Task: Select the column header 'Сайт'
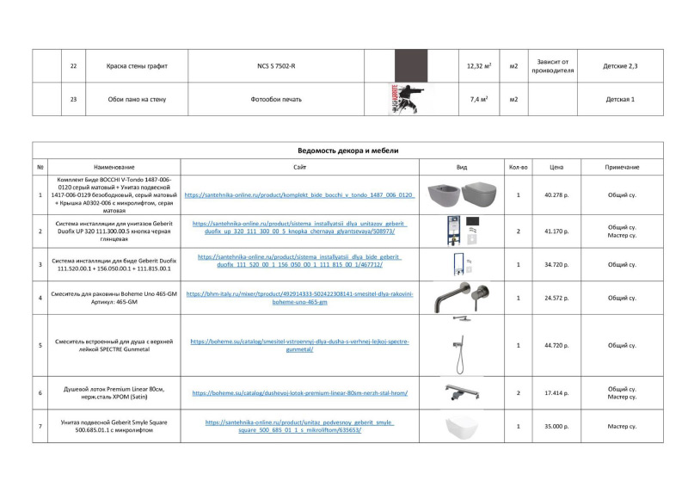[299, 167]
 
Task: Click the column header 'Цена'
[556, 167]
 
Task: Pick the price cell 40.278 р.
[556, 195]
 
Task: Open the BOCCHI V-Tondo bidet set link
[299, 195]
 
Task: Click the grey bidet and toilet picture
[462, 195]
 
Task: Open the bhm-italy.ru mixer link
[299, 298]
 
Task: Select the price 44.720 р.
[556, 345]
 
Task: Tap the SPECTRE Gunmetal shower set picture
[462, 345]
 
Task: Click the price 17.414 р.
[556, 392]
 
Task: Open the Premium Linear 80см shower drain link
[299, 393]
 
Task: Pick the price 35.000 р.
[556, 426]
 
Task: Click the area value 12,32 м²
[478, 65]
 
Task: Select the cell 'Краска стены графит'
[137, 65]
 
